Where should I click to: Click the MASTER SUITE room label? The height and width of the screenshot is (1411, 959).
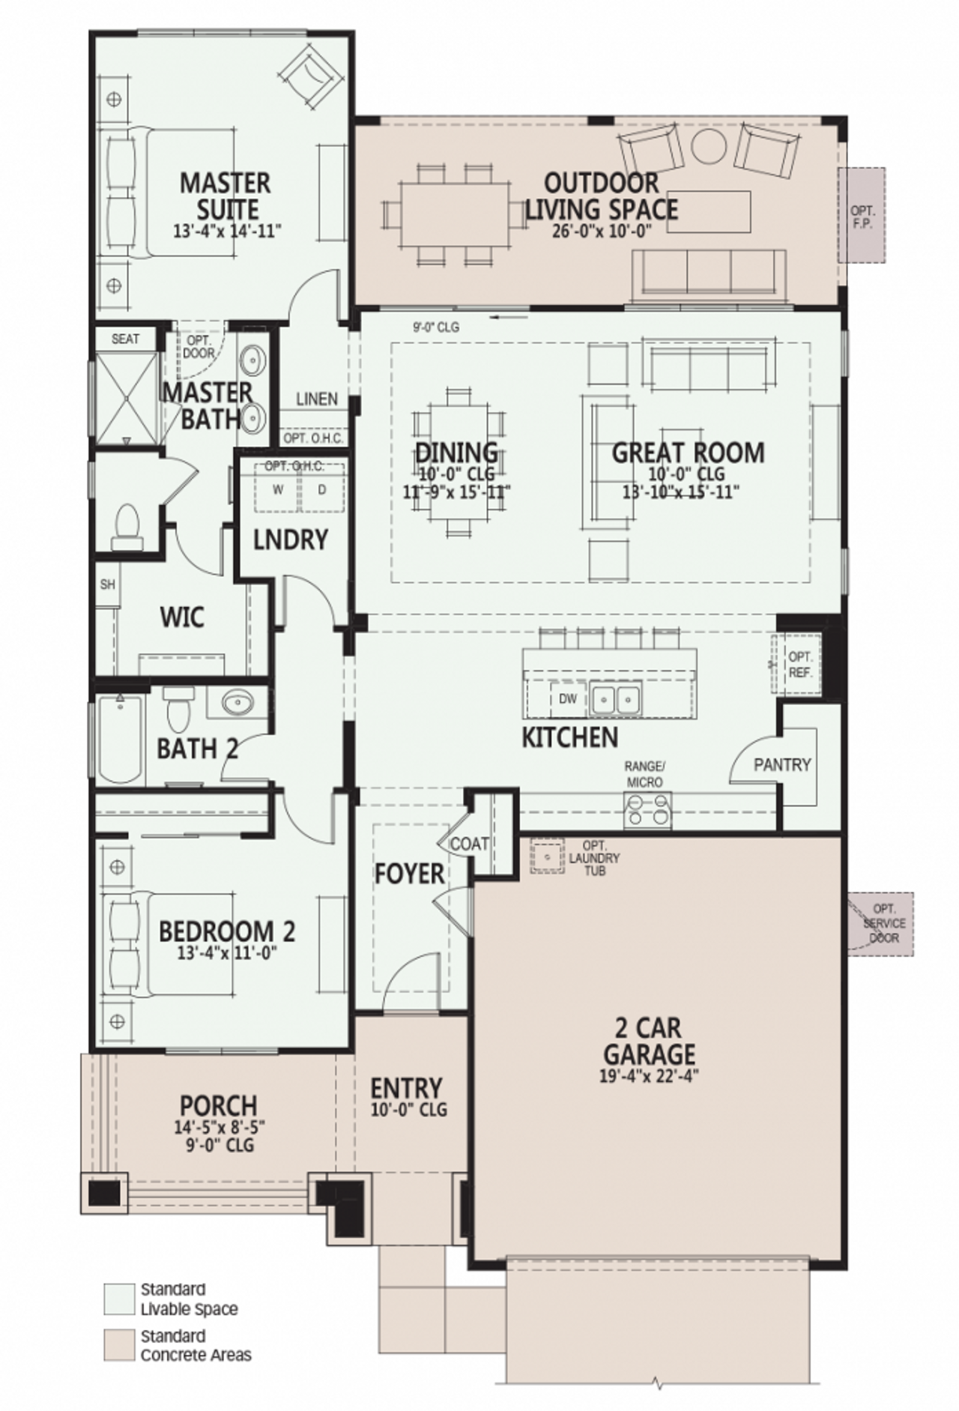pyautogui.click(x=225, y=196)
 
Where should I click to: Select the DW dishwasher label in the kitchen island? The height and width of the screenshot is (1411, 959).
pyautogui.click(x=568, y=698)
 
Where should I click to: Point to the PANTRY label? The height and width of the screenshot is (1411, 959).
pyautogui.click(x=782, y=764)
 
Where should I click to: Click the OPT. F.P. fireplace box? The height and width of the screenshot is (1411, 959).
pyautogui.click(x=862, y=216)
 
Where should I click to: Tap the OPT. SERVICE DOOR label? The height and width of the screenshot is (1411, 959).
pyautogui.click(x=884, y=923)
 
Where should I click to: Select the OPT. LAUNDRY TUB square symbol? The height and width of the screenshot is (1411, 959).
pyautogui.click(x=548, y=856)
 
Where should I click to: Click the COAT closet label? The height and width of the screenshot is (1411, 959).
pyautogui.click(x=470, y=844)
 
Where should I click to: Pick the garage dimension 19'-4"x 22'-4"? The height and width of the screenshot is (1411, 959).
pyautogui.click(x=649, y=1076)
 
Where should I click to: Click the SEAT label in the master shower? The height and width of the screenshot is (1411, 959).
pyautogui.click(x=125, y=339)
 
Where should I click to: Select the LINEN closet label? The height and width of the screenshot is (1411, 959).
pyautogui.click(x=316, y=399)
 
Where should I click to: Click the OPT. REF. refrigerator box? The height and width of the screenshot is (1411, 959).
pyautogui.click(x=799, y=665)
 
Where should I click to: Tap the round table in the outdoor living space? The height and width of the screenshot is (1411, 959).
pyautogui.click(x=709, y=145)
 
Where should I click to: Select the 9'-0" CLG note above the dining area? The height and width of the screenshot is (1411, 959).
pyautogui.click(x=436, y=327)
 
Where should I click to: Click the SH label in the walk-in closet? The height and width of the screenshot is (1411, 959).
pyautogui.click(x=107, y=584)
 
